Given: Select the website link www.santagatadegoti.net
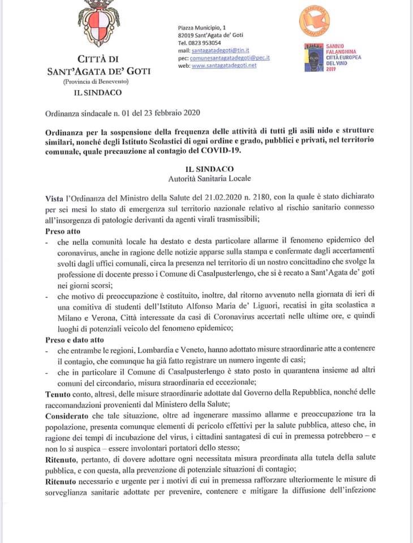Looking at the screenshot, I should [x=224, y=66].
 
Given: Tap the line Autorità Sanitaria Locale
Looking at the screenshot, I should [x=209, y=179].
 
